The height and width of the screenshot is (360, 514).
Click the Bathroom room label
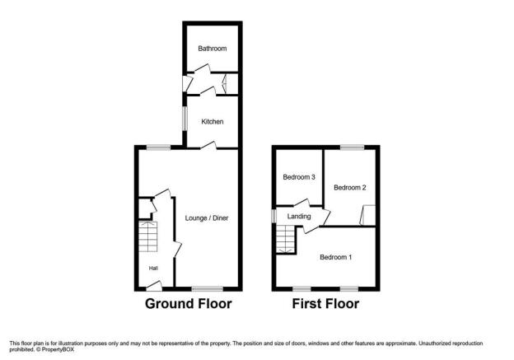(212, 49)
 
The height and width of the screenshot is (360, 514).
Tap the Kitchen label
(213, 122)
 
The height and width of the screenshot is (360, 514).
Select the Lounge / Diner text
(207, 218)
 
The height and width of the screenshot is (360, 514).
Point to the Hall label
(153, 269)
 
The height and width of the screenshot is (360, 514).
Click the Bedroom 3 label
(299, 177)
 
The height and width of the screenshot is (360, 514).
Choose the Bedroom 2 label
(350, 188)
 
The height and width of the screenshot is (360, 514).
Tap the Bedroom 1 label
(336, 257)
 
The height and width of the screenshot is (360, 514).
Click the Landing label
(299, 217)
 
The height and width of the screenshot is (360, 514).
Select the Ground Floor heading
(188, 304)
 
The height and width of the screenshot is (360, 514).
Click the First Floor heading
(325, 304)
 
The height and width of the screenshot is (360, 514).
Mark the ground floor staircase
(147, 236)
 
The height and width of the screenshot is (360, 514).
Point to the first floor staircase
(286, 240)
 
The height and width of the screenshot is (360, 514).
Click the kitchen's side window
(185, 119)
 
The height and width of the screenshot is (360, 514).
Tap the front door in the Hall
(154, 286)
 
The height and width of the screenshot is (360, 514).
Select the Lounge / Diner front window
(208, 289)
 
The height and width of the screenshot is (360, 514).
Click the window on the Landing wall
(274, 217)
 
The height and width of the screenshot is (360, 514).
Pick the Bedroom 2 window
(352, 147)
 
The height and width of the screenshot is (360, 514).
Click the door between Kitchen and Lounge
(208, 146)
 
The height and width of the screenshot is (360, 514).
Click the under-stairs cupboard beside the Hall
(145, 208)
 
